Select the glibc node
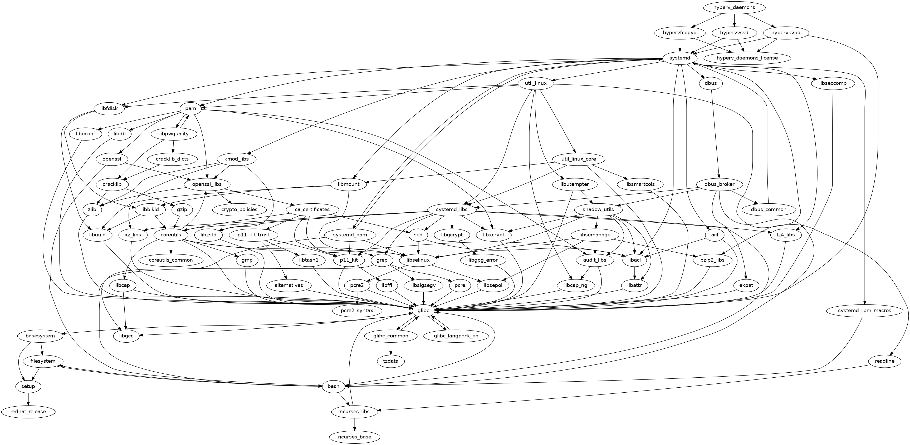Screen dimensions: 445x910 [423, 311]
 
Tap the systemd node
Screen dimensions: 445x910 [680, 58]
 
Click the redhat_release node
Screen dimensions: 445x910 [28, 412]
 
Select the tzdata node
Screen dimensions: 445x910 [391, 361]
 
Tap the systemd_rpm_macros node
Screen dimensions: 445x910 [864, 311]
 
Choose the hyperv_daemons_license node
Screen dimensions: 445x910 [747, 58]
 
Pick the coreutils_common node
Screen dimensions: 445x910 [171, 260]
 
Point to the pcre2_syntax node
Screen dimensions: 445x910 [358, 311]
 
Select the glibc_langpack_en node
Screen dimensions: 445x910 [456, 336]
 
